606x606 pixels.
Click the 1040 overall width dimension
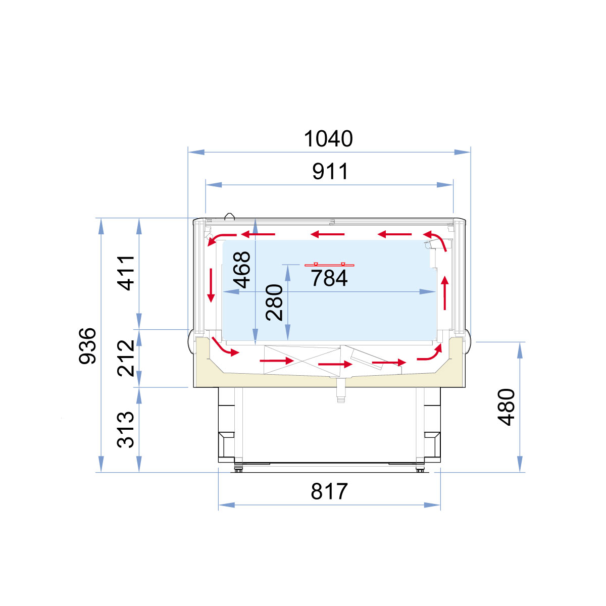click(328, 139)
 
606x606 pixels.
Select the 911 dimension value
click(330, 171)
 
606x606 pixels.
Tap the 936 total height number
click(87, 346)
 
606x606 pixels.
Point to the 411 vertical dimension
click(125, 273)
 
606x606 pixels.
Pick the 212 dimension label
click(125, 358)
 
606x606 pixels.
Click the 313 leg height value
click(125, 429)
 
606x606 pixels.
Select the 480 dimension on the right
click(506, 407)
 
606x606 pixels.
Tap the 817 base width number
click(329, 491)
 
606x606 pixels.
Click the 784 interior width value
click(329, 278)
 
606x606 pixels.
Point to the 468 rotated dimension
click(241, 270)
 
